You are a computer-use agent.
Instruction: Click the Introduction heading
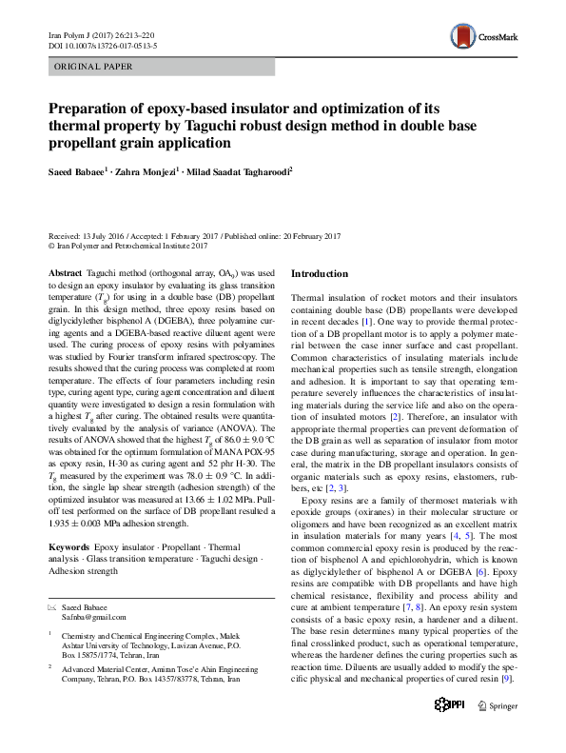320,274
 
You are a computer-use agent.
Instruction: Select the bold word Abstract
65,272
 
